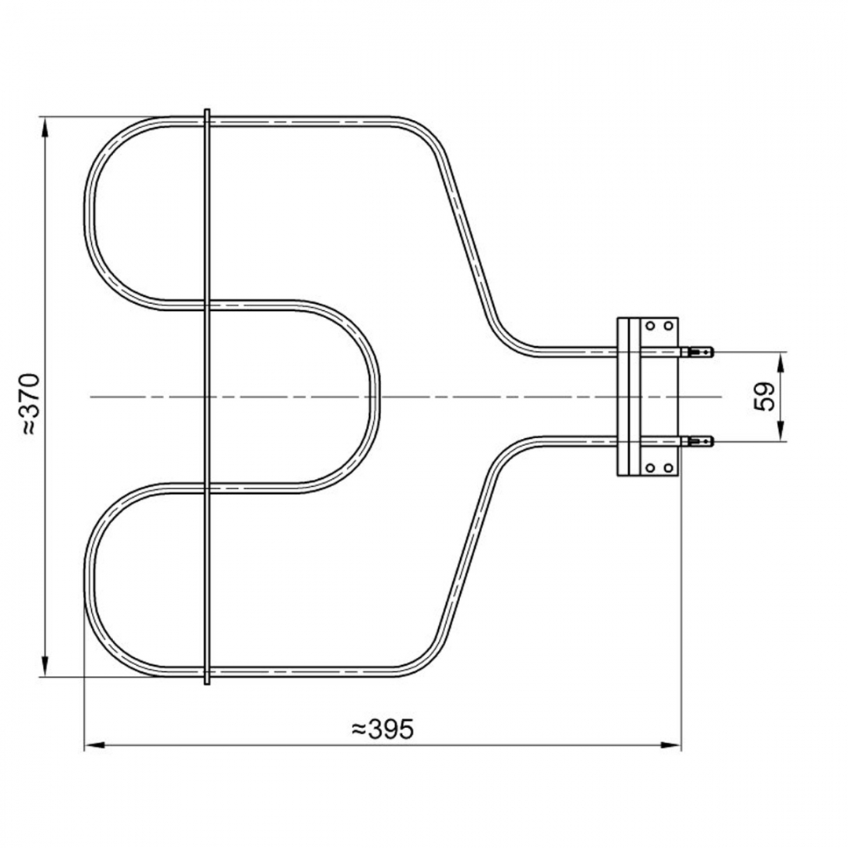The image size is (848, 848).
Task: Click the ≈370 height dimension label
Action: tap(31, 404)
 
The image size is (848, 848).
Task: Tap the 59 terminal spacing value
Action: tap(764, 397)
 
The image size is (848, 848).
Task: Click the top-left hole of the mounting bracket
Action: tap(650, 326)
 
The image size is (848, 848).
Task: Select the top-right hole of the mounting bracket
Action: tap(668, 326)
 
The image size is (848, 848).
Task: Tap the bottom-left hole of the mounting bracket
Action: tap(650, 467)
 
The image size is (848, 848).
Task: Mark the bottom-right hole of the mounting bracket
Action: tap(668, 467)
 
